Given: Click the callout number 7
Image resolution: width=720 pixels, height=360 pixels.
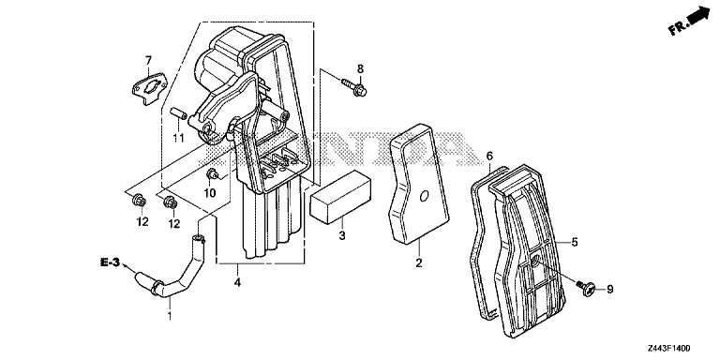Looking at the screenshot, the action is pos(148,60).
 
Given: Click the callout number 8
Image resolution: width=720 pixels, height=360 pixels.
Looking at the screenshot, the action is pos(360,68).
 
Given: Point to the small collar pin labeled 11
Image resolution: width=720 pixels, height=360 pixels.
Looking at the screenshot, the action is pos(178,113).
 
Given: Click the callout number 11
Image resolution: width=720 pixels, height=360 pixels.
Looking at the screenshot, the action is pos(178,137).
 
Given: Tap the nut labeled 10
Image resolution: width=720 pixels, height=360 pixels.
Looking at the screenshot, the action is pos(212,174).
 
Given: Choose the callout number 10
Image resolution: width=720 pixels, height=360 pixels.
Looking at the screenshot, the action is pos(210,194).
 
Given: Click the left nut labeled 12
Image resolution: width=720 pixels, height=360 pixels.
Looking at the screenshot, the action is pos(138,201).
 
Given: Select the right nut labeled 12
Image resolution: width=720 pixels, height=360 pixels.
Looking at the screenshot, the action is pos(170,201).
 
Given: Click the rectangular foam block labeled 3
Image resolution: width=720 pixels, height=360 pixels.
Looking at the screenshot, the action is pos(340,197).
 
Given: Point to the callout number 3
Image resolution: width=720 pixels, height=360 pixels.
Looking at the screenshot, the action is pos(342,236).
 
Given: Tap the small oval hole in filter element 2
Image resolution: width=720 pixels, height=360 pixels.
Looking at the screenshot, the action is pos(424,196).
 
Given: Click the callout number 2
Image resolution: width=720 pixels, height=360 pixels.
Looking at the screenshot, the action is pos(419,263).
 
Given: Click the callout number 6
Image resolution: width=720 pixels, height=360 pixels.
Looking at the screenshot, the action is pos(489,157).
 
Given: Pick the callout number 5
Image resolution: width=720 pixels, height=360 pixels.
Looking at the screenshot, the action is pos(575,242).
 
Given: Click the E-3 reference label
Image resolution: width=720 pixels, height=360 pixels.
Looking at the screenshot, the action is pos(111,262).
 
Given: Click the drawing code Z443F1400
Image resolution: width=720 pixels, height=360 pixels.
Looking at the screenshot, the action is pos(669,349).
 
